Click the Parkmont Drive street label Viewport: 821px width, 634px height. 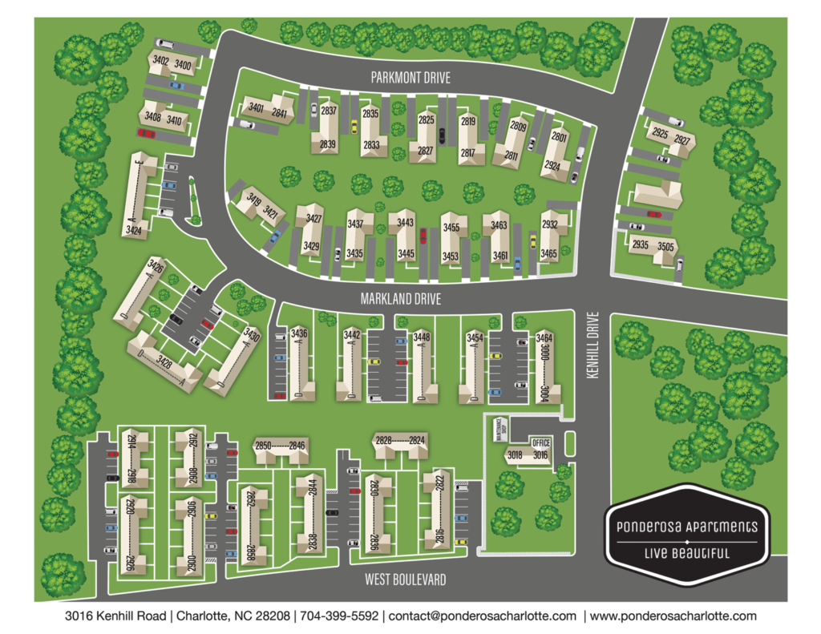tap(410, 78)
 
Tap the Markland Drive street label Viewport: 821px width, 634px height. tap(401, 297)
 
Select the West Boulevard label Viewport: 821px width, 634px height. tap(405, 579)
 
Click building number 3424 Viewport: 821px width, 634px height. tap(134, 231)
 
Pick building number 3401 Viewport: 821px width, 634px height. tap(257, 107)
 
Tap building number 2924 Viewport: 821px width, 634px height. tap(552, 165)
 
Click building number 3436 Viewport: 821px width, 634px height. tap(300, 333)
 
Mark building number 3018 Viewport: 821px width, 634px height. tap(514, 454)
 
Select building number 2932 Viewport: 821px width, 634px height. tap(549, 225)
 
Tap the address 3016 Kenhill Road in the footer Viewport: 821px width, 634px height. tap(115, 616)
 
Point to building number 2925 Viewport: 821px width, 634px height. tap(659, 133)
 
